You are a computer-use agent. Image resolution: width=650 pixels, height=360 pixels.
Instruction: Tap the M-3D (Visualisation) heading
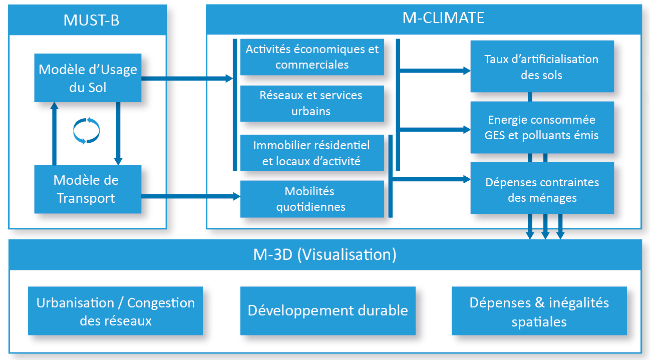click(324, 255)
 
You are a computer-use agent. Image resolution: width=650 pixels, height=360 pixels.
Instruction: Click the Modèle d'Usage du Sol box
click(88, 78)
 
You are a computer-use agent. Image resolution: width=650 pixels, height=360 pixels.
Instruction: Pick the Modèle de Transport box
click(88, 189)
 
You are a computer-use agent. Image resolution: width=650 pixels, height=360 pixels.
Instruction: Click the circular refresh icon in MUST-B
click(87, 130)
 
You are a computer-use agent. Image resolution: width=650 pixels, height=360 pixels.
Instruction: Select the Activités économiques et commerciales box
click(312, 57)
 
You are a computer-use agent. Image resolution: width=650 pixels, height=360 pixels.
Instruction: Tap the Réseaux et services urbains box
click(312, 103)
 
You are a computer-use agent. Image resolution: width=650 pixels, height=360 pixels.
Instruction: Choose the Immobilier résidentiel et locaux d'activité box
click(312, 153)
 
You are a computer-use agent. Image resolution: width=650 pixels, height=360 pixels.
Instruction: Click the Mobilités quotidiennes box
click(312, 199)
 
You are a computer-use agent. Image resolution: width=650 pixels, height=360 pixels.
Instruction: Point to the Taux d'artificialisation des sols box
click(542, 67)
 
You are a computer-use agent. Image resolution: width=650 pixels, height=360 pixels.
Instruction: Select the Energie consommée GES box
click(542, 127)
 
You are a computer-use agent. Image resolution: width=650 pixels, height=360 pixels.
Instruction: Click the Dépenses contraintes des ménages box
click(542, 189)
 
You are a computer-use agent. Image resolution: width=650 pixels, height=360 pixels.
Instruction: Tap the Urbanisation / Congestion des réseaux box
click(115, 311)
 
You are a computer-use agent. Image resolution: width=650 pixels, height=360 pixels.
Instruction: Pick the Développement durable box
click(328, 310)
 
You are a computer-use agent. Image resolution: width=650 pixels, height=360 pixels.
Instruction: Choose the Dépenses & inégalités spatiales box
click(539, 311)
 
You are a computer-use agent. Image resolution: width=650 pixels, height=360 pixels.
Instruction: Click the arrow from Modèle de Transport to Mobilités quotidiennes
click(190, 197)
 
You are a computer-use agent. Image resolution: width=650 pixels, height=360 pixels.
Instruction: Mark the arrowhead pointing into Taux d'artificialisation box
click(467, 71)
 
